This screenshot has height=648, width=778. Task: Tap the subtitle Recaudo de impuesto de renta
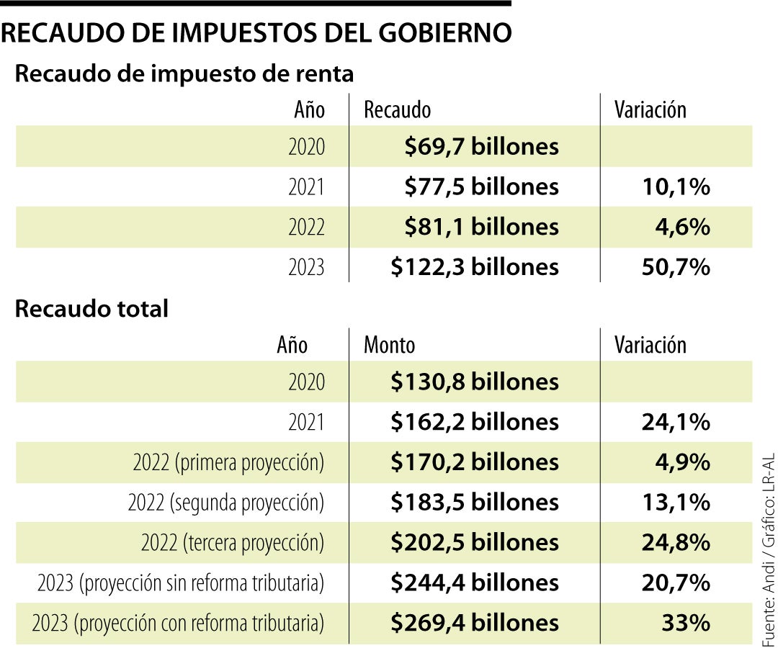[184, 74]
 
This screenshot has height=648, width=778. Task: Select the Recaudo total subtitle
[91, 309]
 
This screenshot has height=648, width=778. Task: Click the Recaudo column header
[397, 110]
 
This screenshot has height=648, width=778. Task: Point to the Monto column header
[389, 345]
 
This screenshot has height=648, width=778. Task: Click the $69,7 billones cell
[481, 147]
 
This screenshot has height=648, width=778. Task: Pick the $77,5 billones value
[481, 187]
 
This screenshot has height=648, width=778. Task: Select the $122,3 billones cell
[475, 267]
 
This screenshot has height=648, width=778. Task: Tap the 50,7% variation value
[676, 267]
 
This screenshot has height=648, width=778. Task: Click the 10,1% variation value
[676, 187]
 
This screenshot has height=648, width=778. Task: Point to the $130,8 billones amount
[475, 382]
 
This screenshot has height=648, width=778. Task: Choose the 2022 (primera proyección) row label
[228, 462]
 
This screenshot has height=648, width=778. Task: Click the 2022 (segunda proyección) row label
[226, 503]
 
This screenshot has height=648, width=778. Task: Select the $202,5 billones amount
[475, 542]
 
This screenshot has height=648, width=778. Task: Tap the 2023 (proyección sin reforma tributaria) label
[180, 582]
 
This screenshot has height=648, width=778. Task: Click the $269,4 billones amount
[475, 623]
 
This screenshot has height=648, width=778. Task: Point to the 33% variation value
[686, 623]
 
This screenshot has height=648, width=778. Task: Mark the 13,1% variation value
[676, 503]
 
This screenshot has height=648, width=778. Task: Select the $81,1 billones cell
[481, 228]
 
